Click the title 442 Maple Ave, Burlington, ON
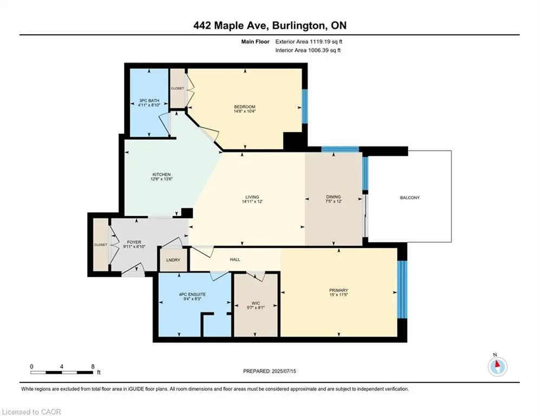pyautogui.click(x=269, y=25)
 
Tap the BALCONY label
pyautogui.click(x=410, y=198)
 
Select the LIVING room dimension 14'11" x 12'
pyautogui.click(x=251, y=202)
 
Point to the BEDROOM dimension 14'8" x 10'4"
pyautogui.click(x=245, y=112)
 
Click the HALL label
pyautogui.click(x=235, y=259)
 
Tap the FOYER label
pyautogui.click(x=134, y=242)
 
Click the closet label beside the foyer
pyautogui.click(x=100, y=245)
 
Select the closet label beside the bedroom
pyautogui.click(x=178, y=88)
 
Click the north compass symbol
pyautogui.click(x=497, y=366)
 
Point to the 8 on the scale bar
pyautogui.click(x=93, y=367)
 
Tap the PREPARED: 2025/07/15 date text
pyautogui.click(x=269, y=371)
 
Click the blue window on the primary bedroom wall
pyautogui.click(x=401, y=290)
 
